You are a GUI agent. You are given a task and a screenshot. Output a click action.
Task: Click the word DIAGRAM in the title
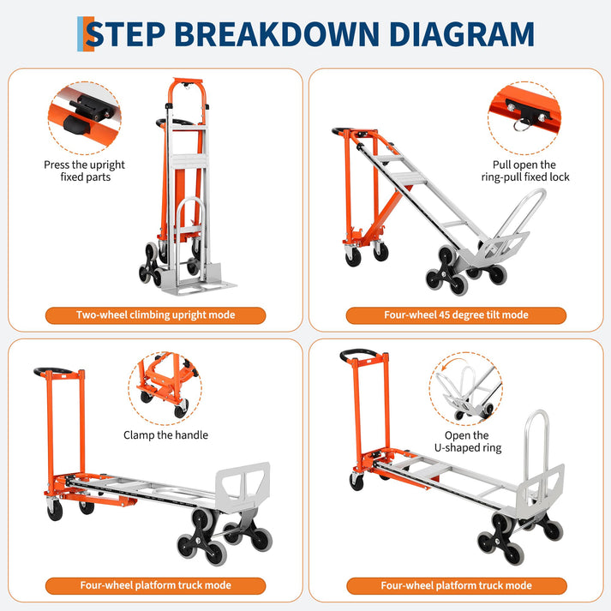461,34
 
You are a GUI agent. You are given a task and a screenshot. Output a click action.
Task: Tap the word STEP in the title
125,34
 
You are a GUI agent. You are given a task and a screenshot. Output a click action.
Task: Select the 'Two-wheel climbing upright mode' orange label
155,315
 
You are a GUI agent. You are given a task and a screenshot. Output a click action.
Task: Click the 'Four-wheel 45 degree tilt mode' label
456,315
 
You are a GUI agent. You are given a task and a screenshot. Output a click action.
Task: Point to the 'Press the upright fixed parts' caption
85,171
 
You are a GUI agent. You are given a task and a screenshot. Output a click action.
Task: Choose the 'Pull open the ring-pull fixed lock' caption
525,171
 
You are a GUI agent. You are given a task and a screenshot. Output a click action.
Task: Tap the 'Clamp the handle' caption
165,434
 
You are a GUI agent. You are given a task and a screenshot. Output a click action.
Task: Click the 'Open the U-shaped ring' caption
468,441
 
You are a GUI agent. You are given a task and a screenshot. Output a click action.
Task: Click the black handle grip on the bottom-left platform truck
52,370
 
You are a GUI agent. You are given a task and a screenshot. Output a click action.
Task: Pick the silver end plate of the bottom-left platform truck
243,483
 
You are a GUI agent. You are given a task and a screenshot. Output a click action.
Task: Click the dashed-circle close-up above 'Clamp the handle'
165,388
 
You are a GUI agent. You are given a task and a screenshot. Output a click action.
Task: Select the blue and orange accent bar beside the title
86,34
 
